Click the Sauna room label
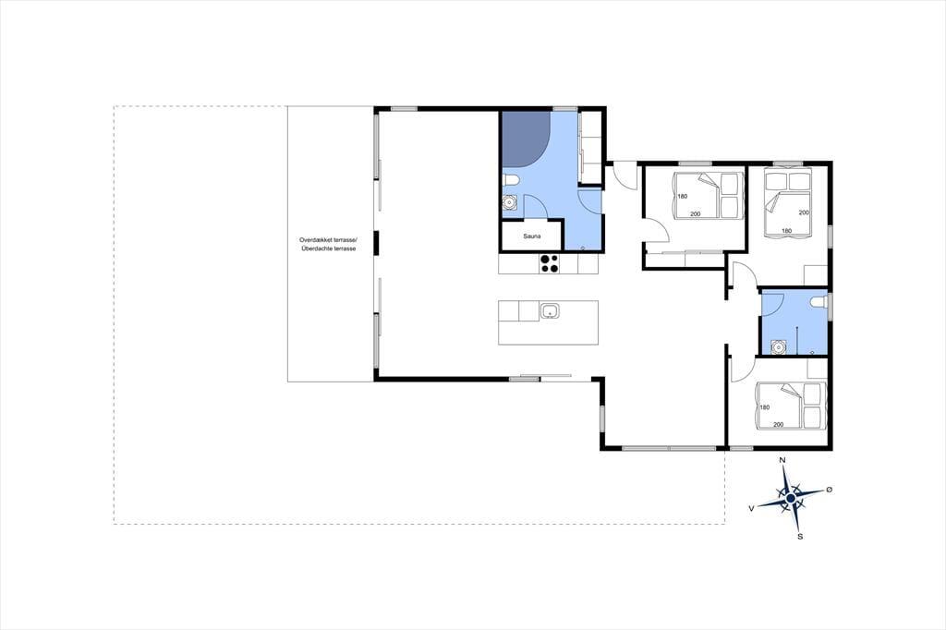pos(532,236)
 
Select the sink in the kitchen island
pos(550,311)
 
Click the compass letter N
pos(783,460)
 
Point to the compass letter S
pos(800,536)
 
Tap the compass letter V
pos(752,509)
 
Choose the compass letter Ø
pos(830,489)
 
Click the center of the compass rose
pos(791,498)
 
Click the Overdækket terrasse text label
pos(329,239)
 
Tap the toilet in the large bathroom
pos(510,180)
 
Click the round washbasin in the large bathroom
pos(510,202)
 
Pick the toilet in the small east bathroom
pos(819,301)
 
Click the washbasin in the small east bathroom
pos(779,347)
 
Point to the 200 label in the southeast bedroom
pos(778,425)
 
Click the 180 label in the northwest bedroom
pos(683,196)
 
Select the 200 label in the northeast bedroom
pos(804,212)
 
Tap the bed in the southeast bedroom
pos(788,406)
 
